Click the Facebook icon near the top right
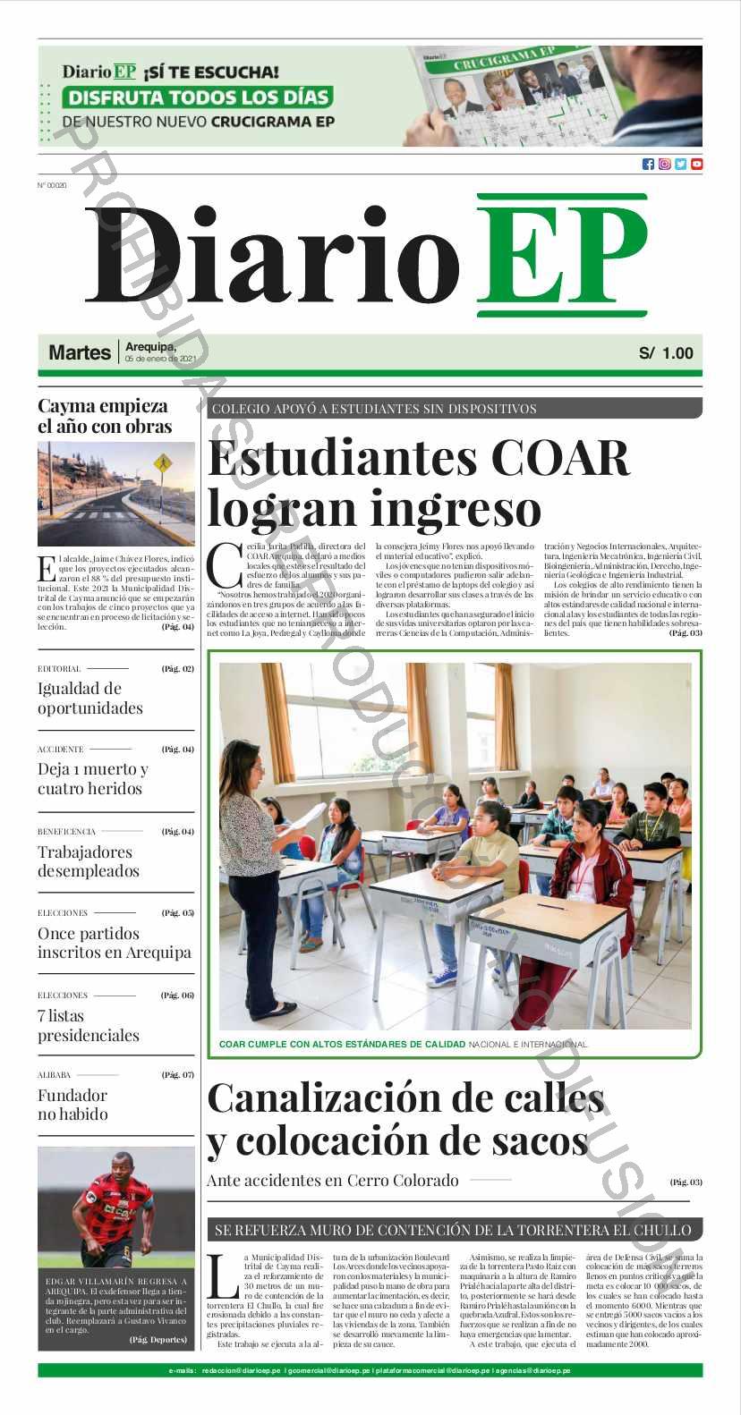648,164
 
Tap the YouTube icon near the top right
696,164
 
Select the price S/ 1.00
666,353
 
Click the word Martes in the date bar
80,353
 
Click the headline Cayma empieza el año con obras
104,416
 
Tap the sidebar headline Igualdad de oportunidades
89,698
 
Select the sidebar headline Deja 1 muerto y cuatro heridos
92,778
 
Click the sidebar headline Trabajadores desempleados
88,861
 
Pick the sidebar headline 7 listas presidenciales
88,1025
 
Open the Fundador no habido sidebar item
72,1105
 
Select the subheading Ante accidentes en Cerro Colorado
332,1181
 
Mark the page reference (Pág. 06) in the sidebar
177,995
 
